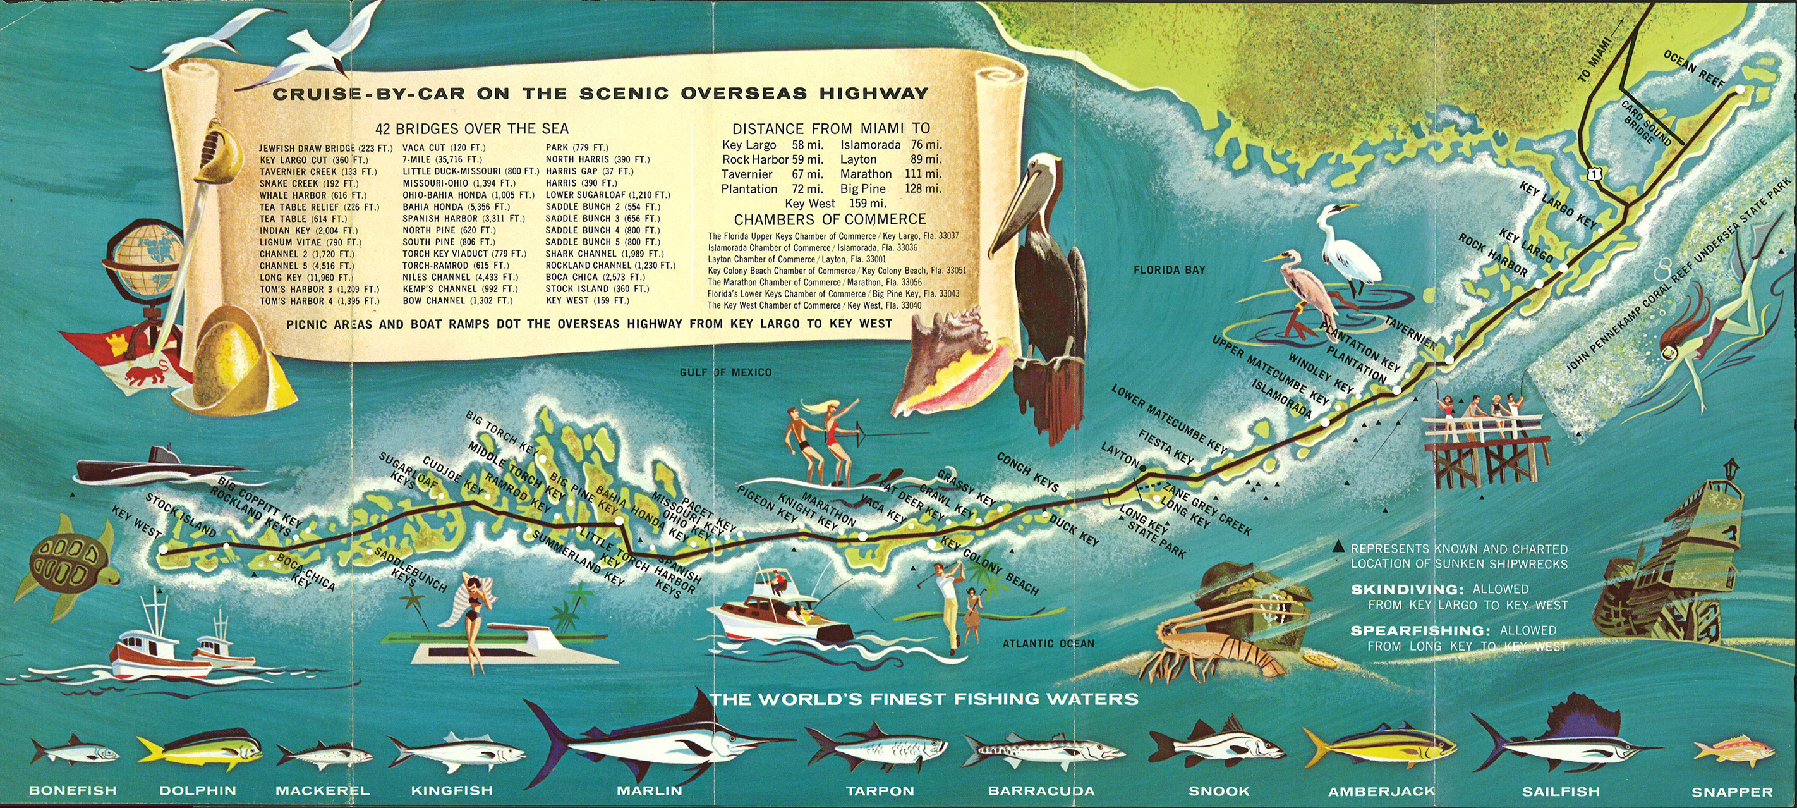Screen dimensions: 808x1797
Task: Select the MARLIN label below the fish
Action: coord(649,790)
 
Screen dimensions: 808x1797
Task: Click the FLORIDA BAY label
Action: coord(1169,270)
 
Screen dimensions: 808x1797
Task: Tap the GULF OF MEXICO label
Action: coord(725,372)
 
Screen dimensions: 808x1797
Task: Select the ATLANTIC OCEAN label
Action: coord(1048,644)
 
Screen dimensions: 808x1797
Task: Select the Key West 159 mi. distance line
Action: coord(835,203)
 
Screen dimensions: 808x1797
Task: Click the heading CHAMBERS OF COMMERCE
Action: coord(830,219)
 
